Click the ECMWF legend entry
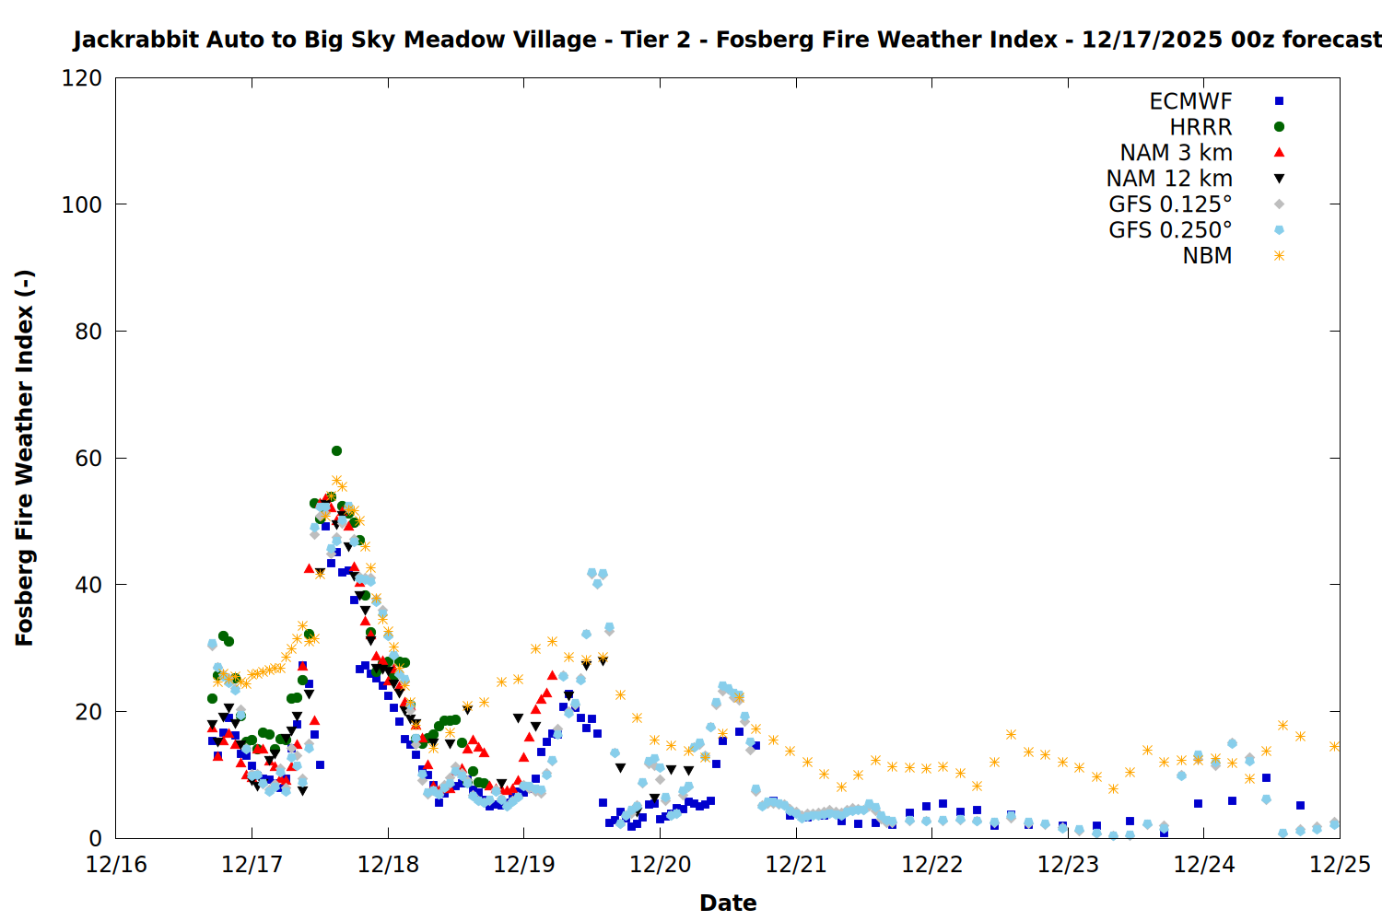1190,101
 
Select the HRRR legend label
1200,127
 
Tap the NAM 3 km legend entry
1176,153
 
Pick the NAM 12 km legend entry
1169,179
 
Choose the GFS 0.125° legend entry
1170,204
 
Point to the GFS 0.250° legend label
1170,230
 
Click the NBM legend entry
1207,256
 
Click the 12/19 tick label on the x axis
523,865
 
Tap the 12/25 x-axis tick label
1340,865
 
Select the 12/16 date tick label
116,865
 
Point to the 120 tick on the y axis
82,78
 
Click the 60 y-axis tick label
88,458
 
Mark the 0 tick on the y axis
95,838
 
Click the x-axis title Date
728,903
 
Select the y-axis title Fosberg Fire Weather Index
25,458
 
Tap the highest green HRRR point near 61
336,451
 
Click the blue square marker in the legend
1279,101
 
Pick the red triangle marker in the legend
1279,153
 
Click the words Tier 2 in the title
655,40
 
